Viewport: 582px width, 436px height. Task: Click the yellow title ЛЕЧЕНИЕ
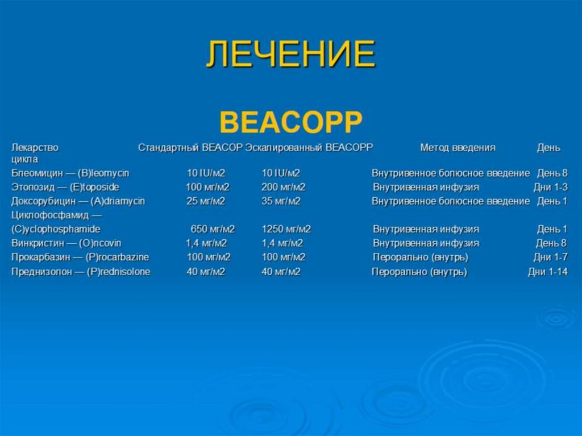[x=290, y=55]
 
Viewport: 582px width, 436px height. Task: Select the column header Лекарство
[x=35, y=147]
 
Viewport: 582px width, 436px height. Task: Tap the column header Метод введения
[x=458, y=147]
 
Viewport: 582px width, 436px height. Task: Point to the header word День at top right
[x=548, y=147]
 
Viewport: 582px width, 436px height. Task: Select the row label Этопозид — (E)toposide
[x=65, y=187]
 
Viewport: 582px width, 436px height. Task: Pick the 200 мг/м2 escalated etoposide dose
[x=283, y=187]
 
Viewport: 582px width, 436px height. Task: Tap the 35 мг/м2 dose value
[x=281, y=201]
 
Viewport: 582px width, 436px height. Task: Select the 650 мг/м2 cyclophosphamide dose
[x=212, y=230]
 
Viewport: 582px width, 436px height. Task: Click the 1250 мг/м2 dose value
[x=286, y=230]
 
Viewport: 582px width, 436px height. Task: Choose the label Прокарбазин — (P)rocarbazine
[x=80, y=258]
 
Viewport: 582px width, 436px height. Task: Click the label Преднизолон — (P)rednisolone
[x=81, y=272]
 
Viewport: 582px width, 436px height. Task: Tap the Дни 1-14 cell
[x=547, y=272]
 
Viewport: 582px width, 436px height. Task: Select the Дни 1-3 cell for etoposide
[x=550, y=187]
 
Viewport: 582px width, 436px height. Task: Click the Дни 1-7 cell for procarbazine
[x=550, y=258]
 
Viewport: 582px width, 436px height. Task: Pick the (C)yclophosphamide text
[x=56, y=230]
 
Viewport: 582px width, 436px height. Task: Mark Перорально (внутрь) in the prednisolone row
[x=419, y=272]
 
